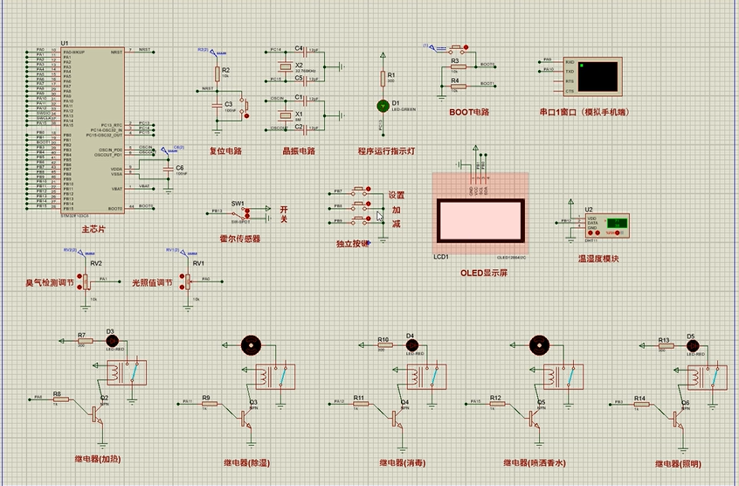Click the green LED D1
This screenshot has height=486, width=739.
383,105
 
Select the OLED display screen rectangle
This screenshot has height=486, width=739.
480,220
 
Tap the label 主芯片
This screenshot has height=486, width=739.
93,230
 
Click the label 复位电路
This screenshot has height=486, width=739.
225,150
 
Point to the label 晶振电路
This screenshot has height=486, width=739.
299,150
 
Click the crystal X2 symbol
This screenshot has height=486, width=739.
284,66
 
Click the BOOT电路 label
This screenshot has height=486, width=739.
469,112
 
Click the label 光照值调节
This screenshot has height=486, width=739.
151,282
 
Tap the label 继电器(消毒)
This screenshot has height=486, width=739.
402,463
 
